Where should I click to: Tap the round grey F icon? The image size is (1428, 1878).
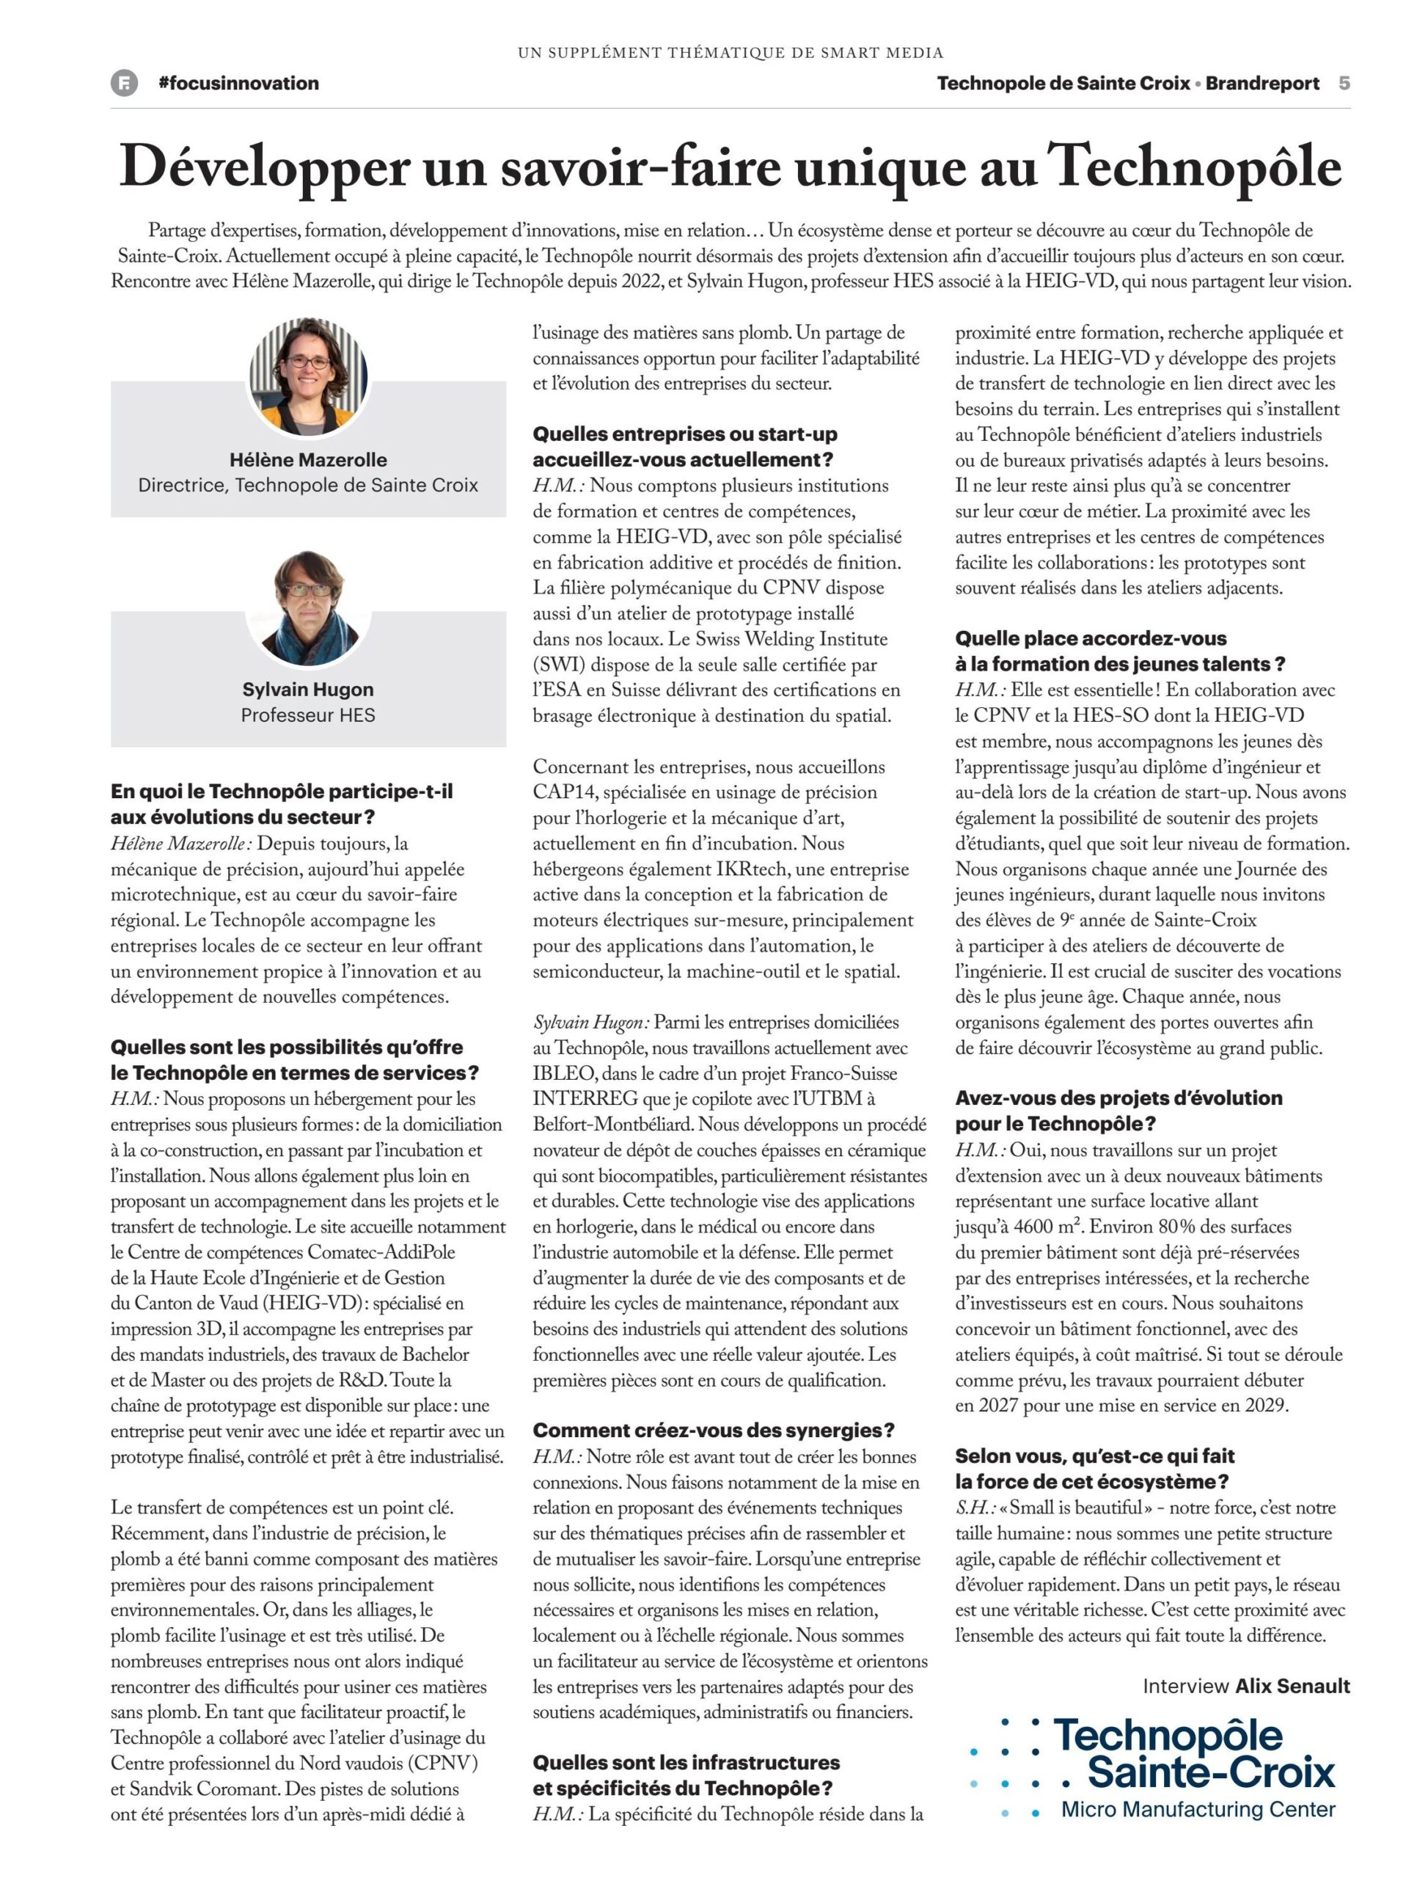point(124,84)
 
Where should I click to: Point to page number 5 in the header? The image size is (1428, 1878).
point(1344,84)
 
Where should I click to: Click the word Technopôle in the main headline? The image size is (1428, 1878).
point(1193,167)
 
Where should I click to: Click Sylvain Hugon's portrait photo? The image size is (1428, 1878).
point(308,608)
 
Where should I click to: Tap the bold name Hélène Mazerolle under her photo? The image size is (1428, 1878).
point(308,460)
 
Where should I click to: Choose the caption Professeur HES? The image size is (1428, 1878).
point(308,715)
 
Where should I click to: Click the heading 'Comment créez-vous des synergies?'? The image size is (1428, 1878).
point(713,1431)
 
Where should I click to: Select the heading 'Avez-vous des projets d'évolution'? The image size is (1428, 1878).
point(1118,1098)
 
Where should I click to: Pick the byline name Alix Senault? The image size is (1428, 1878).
point(1292,1687)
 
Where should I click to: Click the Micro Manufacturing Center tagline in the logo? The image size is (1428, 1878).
point(1198,1810)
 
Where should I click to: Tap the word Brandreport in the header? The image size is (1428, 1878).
point(1262,84)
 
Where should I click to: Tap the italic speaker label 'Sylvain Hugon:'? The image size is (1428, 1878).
point(590,1023)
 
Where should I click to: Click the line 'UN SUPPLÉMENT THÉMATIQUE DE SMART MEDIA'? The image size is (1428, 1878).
point(731,53)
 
